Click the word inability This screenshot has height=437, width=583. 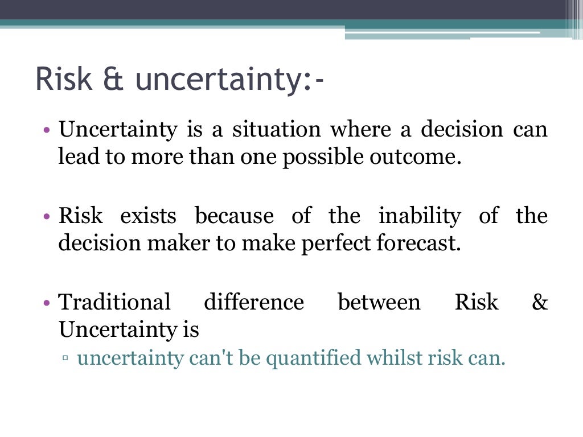(420, 216)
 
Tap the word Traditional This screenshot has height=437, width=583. (114, 302)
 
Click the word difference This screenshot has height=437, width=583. (253, 302)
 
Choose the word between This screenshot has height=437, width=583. (379, 302)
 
